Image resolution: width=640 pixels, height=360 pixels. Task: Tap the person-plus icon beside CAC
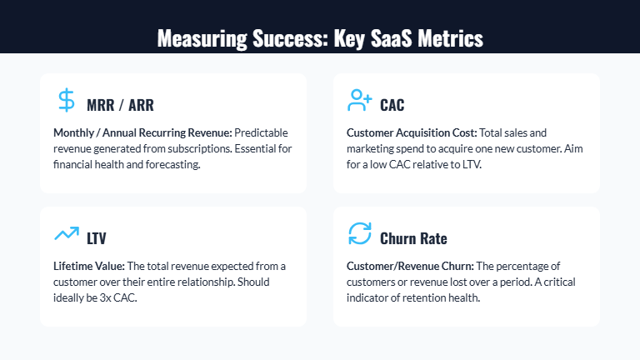359,101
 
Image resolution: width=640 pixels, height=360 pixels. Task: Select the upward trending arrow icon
67,234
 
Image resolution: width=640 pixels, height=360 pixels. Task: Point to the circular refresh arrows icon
359,234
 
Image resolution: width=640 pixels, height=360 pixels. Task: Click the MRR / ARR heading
120,105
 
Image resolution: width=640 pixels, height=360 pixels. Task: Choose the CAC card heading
392,105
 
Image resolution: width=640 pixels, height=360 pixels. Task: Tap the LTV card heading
97,238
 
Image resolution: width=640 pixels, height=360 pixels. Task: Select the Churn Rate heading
413,238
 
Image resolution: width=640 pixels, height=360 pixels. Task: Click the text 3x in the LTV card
115,298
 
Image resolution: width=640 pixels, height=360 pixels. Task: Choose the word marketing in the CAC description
372,149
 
